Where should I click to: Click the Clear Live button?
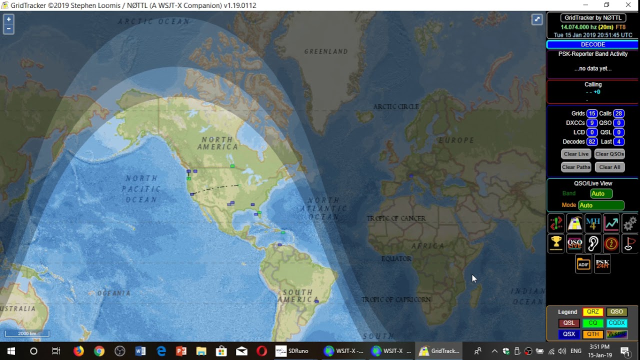576,154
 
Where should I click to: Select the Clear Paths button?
576,167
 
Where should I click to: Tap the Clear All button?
609,167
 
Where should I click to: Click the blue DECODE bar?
593,44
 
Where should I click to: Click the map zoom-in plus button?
8,19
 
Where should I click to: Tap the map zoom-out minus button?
8,29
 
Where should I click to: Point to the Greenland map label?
326,51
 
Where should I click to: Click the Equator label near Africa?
396,259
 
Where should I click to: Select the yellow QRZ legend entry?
592,312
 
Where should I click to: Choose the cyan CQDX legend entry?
616,323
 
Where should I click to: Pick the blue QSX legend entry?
569,334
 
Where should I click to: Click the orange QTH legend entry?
592,334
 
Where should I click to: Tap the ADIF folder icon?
583,264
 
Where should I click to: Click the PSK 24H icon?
602,264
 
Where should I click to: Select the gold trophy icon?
556,243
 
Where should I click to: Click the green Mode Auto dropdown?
601,205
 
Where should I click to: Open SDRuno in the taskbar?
292,351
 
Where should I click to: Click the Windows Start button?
11,351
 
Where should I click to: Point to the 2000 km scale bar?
27,333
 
